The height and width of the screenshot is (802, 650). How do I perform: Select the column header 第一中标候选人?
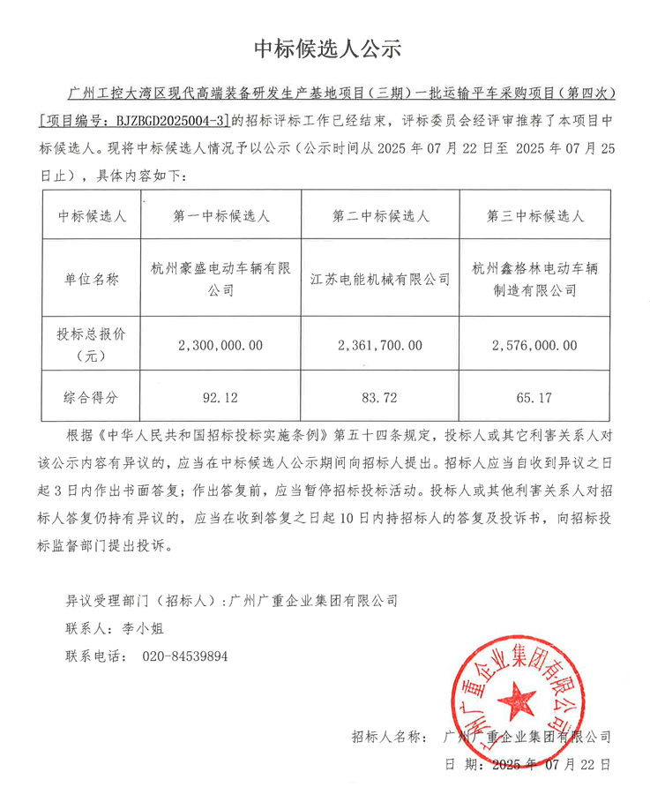click(222, 215)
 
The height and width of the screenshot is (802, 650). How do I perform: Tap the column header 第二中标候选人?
click(380, 215)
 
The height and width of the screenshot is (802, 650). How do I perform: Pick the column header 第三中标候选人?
click(535, 215)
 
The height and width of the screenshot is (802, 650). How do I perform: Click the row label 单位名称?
click(91, 279)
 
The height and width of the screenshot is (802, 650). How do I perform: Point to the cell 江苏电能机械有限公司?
click(380, 279)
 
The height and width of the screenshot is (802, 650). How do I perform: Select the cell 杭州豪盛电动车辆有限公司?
click(222, 279)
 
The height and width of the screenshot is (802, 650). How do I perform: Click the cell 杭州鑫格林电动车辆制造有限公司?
click(535, 279)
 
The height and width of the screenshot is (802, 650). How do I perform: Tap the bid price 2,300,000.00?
click(220, 346)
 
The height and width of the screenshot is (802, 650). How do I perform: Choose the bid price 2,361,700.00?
click(380, 346)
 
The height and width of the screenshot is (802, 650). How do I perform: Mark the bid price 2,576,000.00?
click(535, 346)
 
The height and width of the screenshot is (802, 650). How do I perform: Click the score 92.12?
click(220, 399)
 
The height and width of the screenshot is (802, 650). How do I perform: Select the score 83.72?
click(380, 399)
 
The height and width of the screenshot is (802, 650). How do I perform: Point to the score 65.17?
click(535, 399)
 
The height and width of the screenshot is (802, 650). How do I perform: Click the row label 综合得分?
click(91, 399)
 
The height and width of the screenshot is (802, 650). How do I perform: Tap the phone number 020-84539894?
click(185, 656)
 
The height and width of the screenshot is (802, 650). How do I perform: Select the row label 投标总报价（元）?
click(91, 345)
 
